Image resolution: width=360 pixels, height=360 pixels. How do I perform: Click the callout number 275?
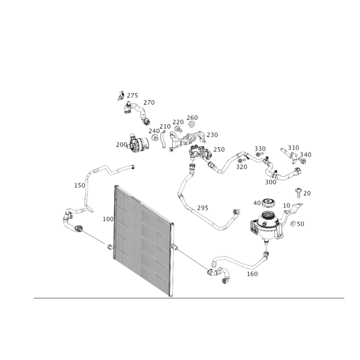132,95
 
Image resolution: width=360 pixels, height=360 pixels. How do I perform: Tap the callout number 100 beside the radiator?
108,219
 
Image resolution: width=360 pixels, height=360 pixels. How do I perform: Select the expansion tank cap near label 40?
268,203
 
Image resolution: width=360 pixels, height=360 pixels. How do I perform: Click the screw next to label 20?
298,193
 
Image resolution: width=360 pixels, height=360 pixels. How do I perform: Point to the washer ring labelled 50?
293,223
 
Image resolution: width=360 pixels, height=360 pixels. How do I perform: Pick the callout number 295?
203,208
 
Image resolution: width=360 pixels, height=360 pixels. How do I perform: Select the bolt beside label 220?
178,129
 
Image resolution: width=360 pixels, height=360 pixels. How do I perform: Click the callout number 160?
252,274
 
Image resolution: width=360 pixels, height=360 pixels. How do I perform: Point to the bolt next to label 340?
302,161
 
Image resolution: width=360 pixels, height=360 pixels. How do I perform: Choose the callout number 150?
80,185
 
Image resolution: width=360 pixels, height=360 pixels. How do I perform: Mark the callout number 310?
293,148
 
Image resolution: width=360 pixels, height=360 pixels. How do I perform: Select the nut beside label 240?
155,138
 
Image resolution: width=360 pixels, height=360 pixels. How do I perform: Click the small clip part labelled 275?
121,95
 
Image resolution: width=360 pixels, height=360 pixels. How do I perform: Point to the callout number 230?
212,135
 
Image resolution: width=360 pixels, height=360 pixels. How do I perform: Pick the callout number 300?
271,182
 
